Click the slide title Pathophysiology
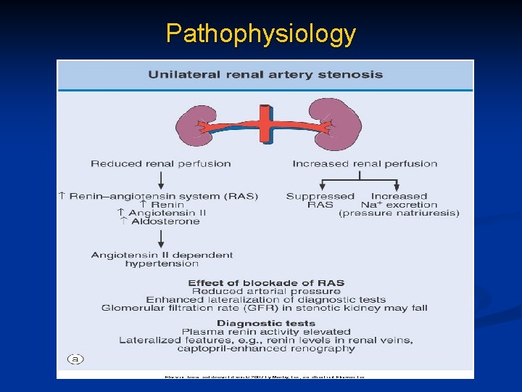tap(260, 33)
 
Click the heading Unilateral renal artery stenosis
tap(265, 75)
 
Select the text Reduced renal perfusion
tap(161, 164)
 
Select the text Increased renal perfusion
tap(365, 164)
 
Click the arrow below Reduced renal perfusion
tap(161, 179)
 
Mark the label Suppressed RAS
tap(320, 200)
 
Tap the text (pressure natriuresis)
tap(399, 213)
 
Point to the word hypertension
tap(162, 264)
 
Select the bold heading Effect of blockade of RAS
tap(266, 283)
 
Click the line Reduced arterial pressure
tap(266, 291)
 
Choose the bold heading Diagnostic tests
tap(266, 324)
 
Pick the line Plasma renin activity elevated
tap(266, 332)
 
